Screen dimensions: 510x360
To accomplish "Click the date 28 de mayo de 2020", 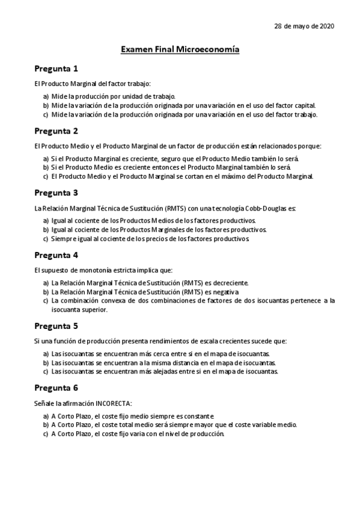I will click(x=304, y=26).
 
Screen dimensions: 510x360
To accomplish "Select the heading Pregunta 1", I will click(x=56, y=69).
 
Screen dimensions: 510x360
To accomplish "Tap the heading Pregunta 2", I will click(x=56, y=131).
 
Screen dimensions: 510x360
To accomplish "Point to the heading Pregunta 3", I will click(x=56, y=193).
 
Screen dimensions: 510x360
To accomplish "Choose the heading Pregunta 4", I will click(x=56, y=255).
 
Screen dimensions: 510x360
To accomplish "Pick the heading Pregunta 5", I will click(x=56, y=326).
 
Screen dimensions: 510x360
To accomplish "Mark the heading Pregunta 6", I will click(x=56, y=388).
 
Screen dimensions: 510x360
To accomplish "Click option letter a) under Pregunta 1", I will click(x=46, y=96).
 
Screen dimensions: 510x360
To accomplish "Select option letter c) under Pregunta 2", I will click(x=46, y=176).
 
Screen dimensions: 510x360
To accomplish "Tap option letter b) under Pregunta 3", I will click(x=46, y=230).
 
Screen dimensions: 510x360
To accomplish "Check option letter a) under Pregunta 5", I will click(x=46, y=354).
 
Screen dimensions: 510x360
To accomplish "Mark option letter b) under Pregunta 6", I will click(x=46, y=425).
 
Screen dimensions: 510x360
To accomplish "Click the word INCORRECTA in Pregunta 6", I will click(x=112, y=402).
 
